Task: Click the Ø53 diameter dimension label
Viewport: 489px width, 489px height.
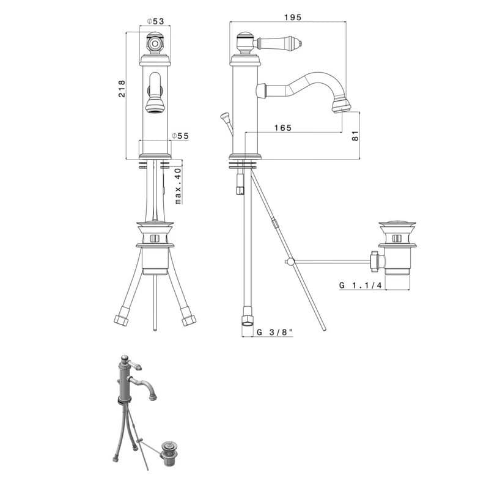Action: [155, 21]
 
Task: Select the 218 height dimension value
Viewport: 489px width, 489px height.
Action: [122, 89]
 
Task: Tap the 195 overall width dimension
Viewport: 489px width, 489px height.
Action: [293, 17]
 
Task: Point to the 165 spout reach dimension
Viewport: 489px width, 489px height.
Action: [283, 128]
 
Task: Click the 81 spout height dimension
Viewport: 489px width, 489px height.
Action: [355, 136]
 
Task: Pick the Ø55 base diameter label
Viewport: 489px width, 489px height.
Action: [180, 136]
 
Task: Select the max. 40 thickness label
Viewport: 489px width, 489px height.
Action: [178, 186]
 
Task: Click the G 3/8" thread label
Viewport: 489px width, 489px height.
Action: [274, 332]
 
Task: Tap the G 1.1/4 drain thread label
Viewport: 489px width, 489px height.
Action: [360, 285]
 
